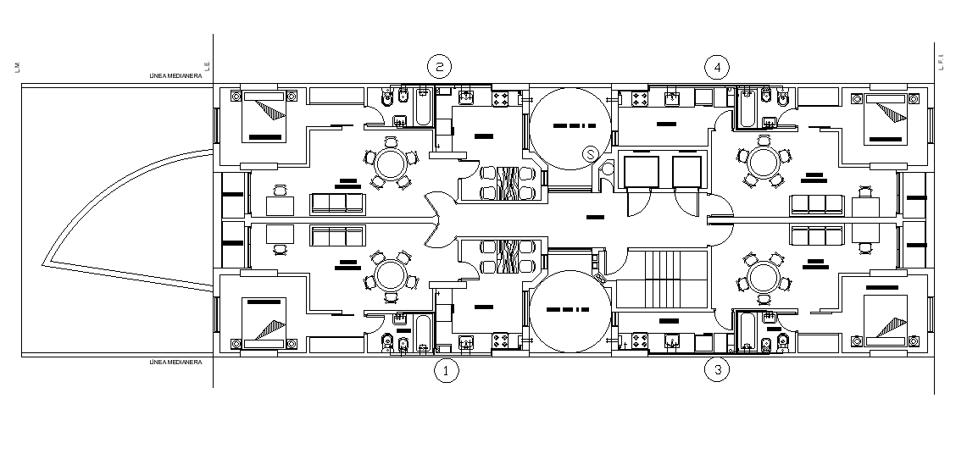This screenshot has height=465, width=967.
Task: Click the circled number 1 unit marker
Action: tap(447, 370)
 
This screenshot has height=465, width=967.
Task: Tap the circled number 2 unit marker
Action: tap(438, 67)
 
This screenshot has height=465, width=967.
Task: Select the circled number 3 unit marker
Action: tap(718, 369)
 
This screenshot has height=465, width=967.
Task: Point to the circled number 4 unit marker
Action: tap(717, 67)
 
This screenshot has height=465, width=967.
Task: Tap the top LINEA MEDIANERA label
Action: tap(175, 76)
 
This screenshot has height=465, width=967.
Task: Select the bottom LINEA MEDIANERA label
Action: tap(175, 363)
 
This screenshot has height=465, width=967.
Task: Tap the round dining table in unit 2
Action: tap(392, 163)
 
